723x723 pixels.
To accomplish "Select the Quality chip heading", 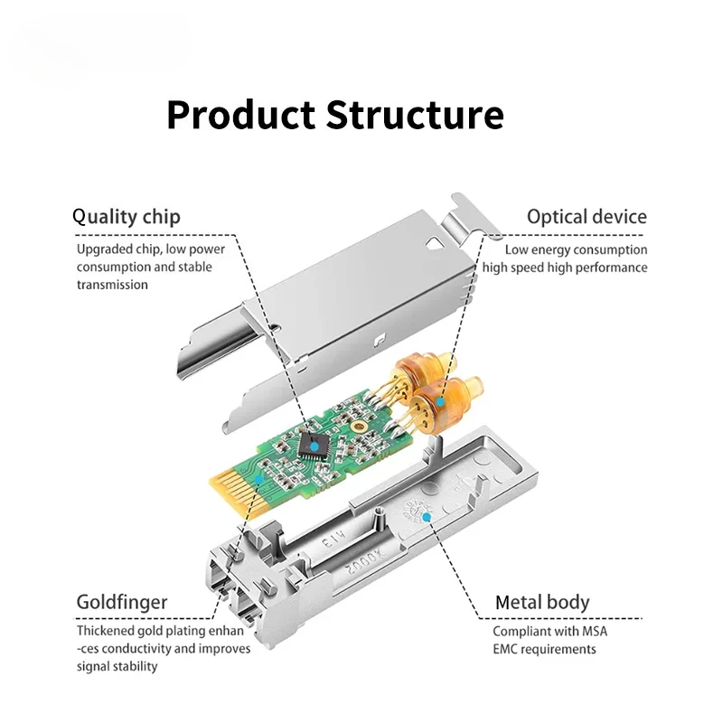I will pyautogui.click(x=126, y=217).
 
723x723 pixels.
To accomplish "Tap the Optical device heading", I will pyautogui.click(x=587, y=217).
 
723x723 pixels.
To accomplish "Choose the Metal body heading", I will pyautogui.click(x=542, y=602).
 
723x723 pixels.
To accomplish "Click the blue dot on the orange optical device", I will pyautogui.click(x=440, y=399).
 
